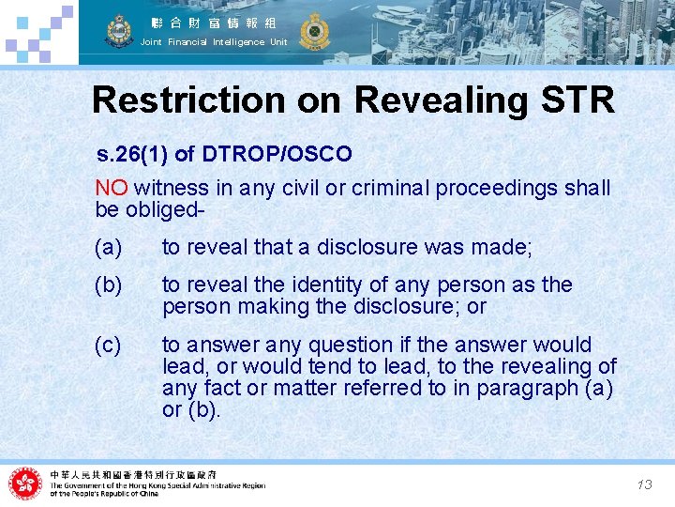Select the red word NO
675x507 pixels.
[x=112, y=188]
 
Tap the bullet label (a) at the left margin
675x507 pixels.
[x=109, y=248]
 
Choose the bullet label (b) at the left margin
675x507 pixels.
[x=109, y=284]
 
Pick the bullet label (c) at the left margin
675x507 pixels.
[x=109, y=345]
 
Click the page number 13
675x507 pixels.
[x=644, y=484]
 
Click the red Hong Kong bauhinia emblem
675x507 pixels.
[x=25, y=484]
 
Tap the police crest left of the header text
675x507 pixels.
[x=119, y=31]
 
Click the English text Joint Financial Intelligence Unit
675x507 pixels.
[x=214, y=42]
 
